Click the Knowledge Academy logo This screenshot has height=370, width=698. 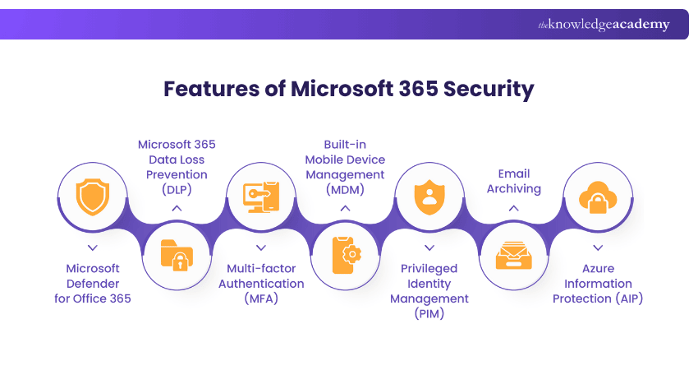[604, 25]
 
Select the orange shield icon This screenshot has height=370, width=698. [92, 198]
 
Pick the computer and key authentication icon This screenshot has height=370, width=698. [261, 198]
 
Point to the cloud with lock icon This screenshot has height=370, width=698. [598, 198]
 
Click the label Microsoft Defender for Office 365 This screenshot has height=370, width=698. [93, 283]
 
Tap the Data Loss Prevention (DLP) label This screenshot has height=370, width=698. [177, 167]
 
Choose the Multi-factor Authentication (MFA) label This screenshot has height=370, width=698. [261, 283]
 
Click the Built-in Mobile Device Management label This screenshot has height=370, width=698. [345, 167]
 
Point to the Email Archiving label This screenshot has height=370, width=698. [514, 181]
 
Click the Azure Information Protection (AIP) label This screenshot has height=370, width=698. [598, 283]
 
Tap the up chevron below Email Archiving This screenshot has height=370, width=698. [514, 209]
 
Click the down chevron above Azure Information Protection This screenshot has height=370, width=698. [598, 247]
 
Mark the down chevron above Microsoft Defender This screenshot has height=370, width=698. [93, 247]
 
